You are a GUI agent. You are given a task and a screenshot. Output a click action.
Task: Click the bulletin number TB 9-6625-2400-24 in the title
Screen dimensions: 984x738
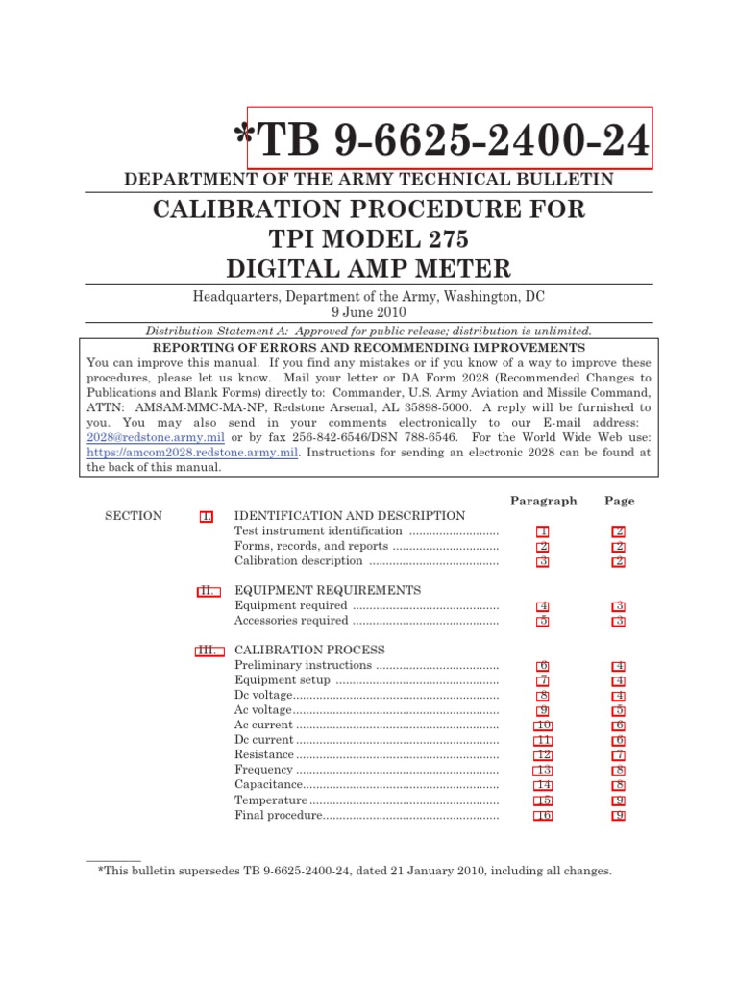(450, 139)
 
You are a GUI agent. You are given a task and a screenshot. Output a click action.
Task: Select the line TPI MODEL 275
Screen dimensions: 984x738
(368, 239)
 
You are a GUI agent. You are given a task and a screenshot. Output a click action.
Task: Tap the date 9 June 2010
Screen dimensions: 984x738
(368, 312)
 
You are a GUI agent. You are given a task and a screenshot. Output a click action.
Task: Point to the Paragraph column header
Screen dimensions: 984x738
(543, 501)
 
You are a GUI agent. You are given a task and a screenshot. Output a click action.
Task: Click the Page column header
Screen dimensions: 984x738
(619, 501)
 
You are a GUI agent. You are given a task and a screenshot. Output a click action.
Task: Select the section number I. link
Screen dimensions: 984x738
(206, 516)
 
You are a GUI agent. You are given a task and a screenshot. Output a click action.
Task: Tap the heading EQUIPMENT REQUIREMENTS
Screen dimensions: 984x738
(328, 590)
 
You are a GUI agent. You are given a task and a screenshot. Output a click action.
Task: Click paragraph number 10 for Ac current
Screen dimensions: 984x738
(543, 726)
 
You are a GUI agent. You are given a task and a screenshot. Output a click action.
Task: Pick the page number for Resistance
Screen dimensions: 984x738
(619, 755)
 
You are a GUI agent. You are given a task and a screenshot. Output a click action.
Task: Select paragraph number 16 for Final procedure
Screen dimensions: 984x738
(543, 816)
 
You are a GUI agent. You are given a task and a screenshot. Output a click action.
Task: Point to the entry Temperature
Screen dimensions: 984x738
(271, 800)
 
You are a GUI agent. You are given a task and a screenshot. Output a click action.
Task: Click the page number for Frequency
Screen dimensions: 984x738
(619, 771)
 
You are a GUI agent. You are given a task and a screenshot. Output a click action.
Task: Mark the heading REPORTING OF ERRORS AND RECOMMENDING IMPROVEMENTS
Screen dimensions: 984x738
(369, 347)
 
